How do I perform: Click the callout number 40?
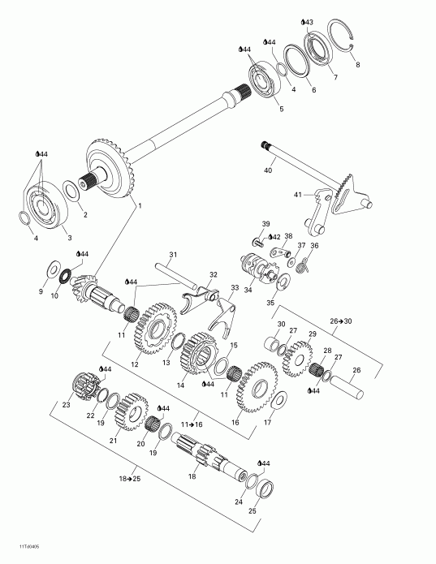268,171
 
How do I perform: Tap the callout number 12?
134,364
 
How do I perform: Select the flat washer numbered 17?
279,399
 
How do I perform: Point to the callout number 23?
67,405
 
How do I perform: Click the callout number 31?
172,255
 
